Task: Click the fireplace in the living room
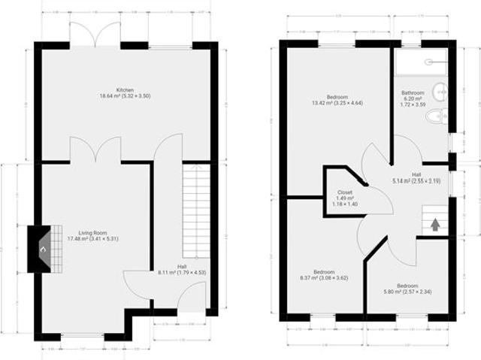tap(42, 248)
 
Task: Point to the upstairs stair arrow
tap(435, 223)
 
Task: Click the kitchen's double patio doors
tap(95, 34)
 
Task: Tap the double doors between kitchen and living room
tap(95, 149)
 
